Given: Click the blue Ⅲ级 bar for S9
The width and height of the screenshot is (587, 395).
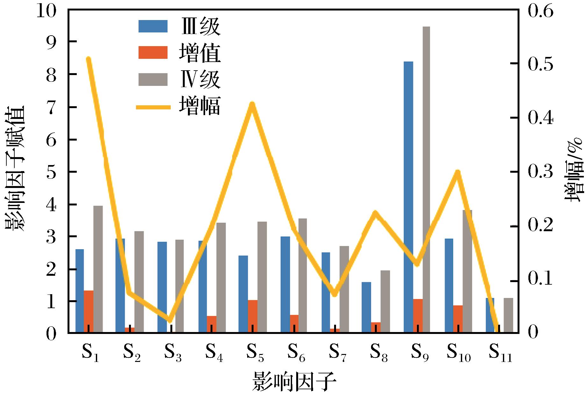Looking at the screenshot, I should [408, 197].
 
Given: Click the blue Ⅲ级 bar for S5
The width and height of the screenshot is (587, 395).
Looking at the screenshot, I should [243, 294].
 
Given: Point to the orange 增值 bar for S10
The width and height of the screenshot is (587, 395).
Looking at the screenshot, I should [458, 319].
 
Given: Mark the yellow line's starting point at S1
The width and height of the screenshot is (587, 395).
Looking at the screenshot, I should [89, 59].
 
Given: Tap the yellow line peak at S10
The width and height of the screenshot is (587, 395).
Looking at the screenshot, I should [458, 172].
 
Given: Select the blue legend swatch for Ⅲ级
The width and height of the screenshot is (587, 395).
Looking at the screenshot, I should [153, 26].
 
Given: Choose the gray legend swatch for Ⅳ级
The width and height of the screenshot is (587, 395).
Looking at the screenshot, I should [153, 80].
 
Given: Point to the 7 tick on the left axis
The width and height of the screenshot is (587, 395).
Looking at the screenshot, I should [51, 107].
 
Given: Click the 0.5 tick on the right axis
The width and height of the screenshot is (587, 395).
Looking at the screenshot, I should [540, 64].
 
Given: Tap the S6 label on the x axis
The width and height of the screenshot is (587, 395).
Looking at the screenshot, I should [296, 353].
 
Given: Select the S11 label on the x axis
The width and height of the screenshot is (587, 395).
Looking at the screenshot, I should [500, 353].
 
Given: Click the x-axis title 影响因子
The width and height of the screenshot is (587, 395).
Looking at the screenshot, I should [294, 382].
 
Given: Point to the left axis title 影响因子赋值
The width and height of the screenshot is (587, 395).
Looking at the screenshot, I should [15, 169].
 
